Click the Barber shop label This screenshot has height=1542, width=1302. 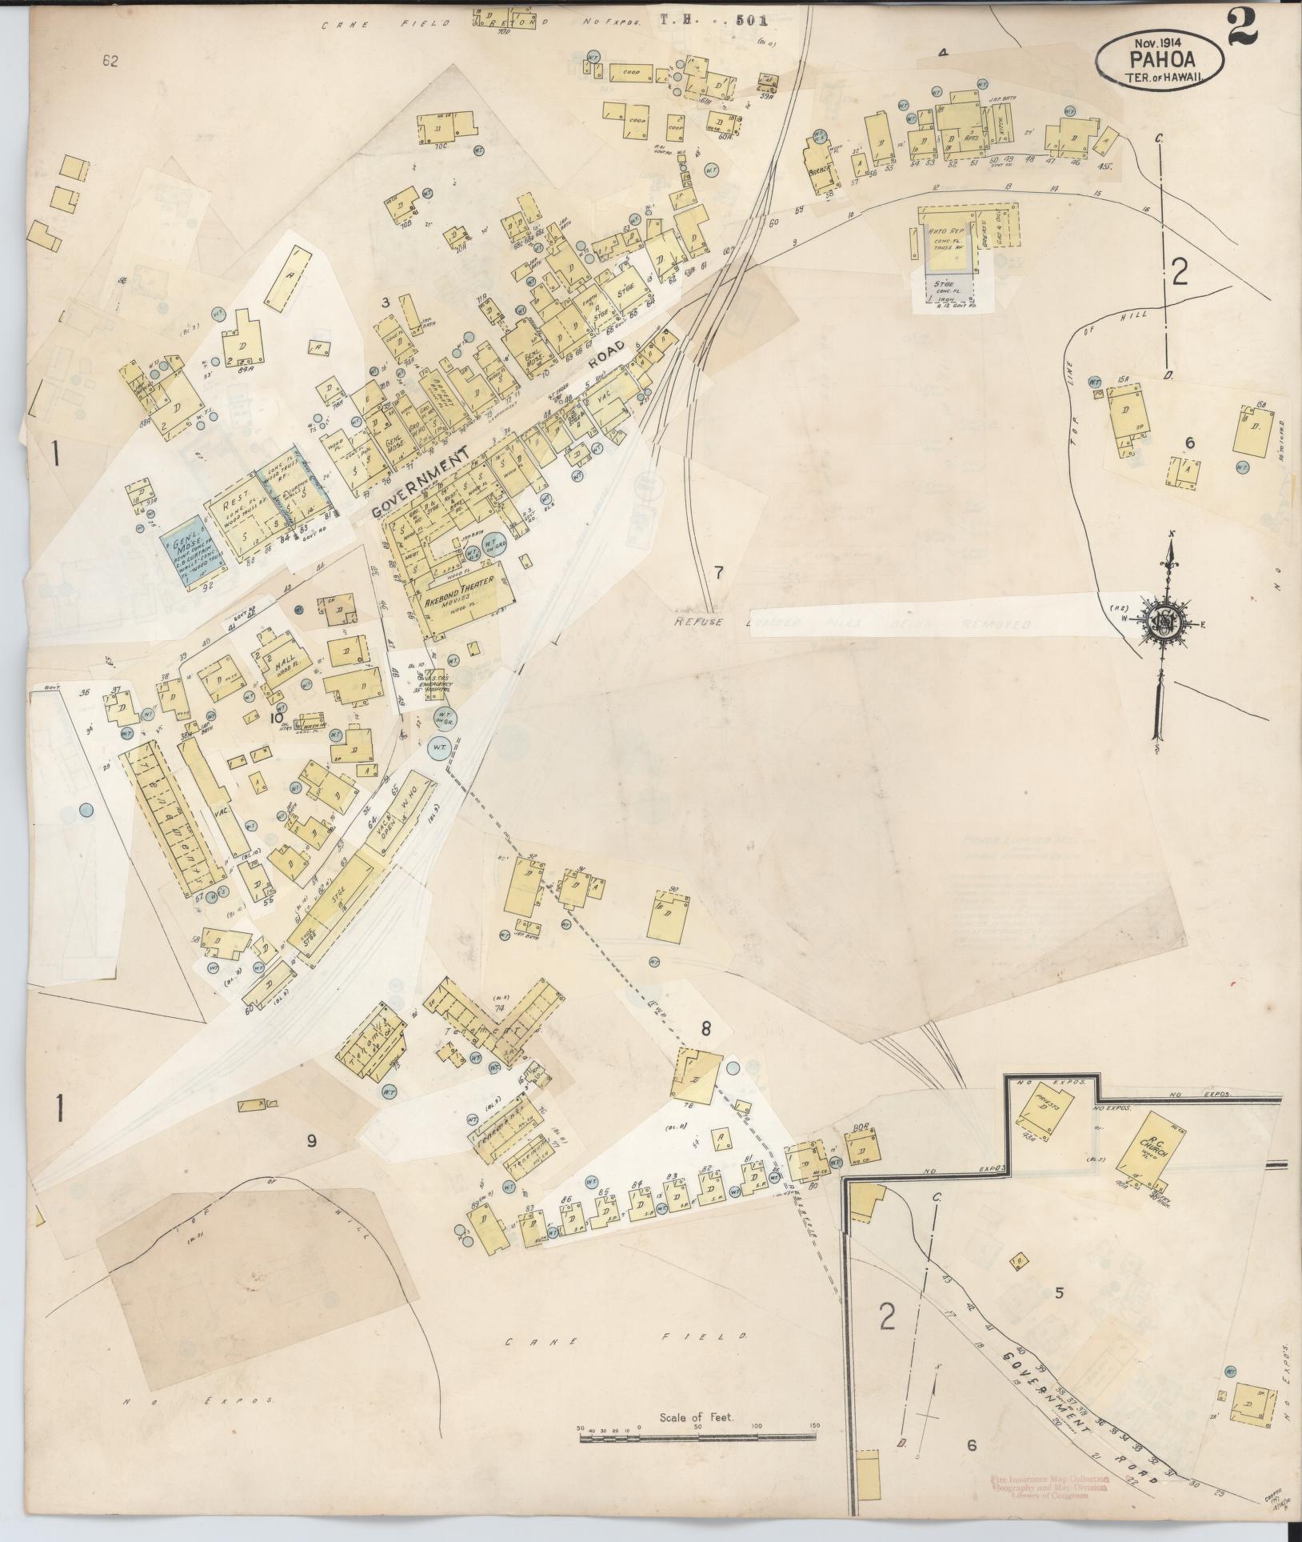pos(820,170)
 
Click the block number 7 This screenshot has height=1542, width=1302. pos(718,572)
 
